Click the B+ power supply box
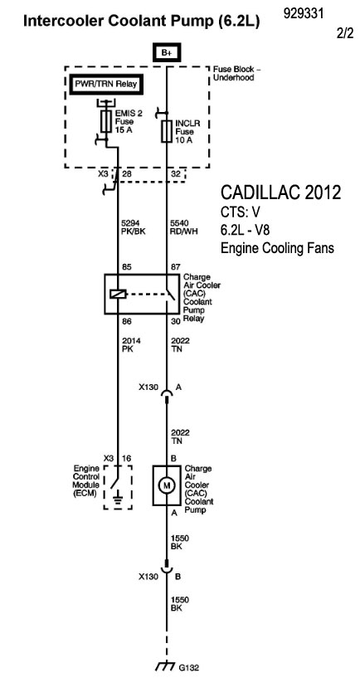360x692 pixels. point(167,53)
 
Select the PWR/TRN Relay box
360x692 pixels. point(106,85)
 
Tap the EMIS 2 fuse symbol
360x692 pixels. point(105,121)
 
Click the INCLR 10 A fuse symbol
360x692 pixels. point(167,131)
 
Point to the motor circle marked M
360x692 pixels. point(167,486)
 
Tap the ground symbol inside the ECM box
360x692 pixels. point(117,500)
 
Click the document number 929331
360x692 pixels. point(304,13)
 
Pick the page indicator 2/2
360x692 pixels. point(344,33)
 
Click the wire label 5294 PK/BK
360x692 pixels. point(130,226)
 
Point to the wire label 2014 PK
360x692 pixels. point(129,344)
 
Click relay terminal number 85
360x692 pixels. point(127,267)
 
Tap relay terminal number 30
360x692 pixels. point(175,322)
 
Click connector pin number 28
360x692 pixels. point(127,174)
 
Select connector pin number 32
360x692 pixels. point(176,174)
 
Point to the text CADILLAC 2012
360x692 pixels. point(280,192)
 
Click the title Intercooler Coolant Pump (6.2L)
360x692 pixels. point(141,21)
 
